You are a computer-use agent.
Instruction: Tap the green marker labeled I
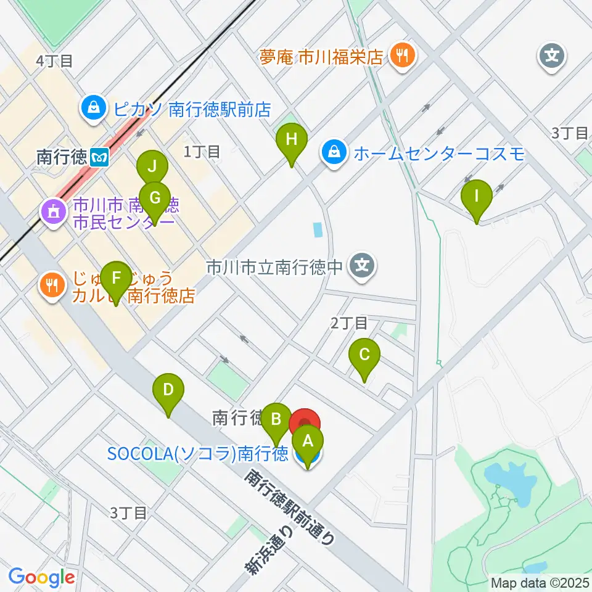476,197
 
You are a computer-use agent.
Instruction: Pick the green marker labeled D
168,391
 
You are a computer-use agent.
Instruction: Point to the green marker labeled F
115,279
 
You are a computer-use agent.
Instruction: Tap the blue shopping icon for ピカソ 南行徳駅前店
92,109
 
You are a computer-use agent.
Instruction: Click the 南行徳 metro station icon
99,157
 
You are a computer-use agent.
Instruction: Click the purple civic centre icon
52,213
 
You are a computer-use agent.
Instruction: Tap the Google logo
41,577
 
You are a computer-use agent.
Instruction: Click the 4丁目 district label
54,60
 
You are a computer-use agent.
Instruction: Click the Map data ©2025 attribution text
540,582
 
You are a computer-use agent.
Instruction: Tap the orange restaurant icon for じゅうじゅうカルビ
52,284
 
